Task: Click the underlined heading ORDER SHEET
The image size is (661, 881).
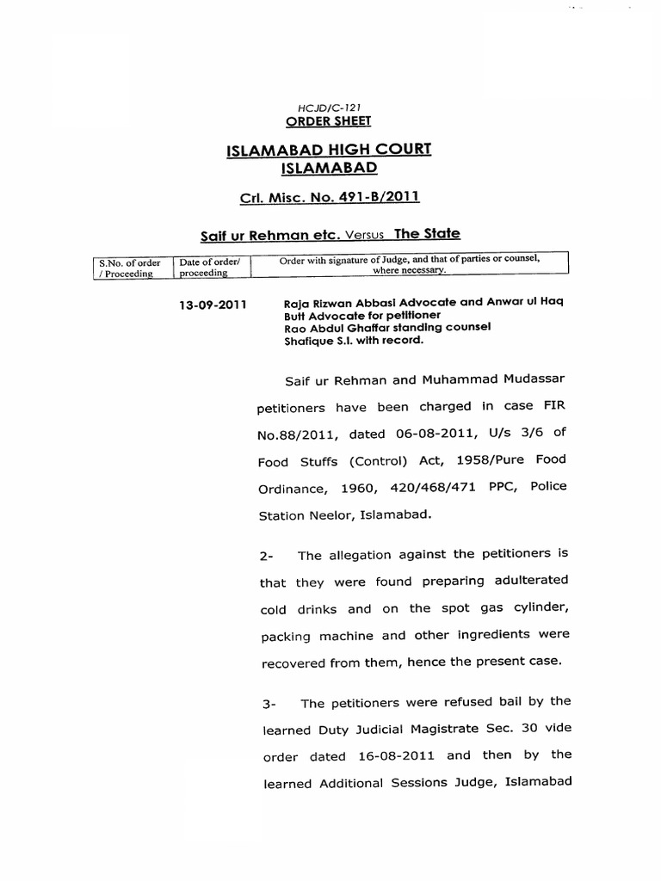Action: [321, 121]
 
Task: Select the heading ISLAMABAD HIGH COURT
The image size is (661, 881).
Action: [329, 151]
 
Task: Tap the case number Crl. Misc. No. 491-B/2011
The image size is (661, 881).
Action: [329, 198]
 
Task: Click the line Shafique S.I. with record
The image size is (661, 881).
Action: [353, 340]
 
